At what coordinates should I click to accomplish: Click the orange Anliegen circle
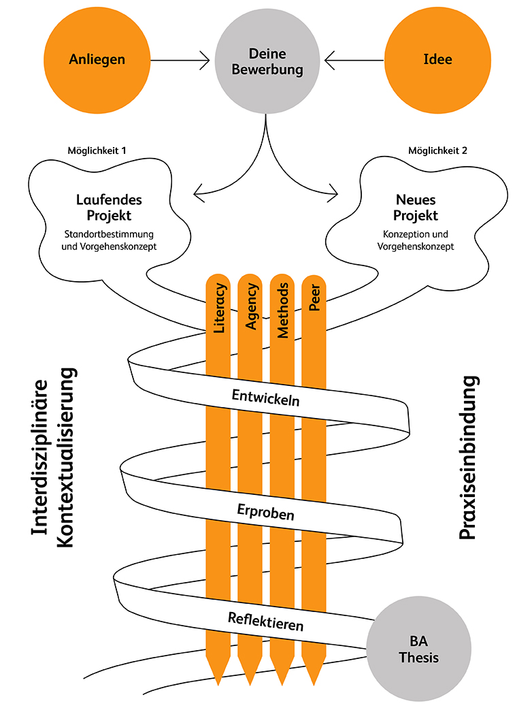[97, 60]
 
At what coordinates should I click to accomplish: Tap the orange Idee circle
[437, 60]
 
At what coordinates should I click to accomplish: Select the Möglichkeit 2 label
[437, 150]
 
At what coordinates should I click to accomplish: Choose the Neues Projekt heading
[416, 208]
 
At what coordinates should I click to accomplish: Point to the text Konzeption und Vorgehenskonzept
[416, 240]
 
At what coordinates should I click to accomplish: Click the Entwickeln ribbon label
[265, 397]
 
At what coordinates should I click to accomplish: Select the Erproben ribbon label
[266, 512]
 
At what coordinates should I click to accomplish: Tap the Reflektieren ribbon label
[265, 621]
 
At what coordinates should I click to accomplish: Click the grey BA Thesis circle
[419, 649]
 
